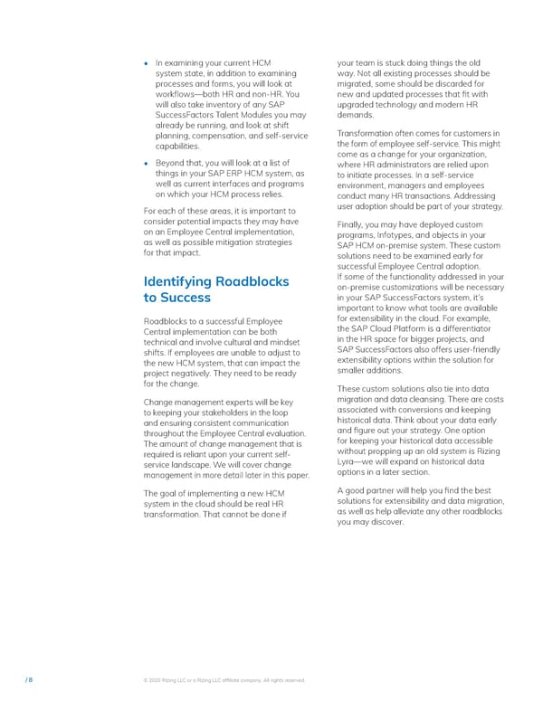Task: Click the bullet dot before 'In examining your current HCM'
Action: [147, 63]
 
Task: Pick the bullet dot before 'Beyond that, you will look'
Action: [147, 164]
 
